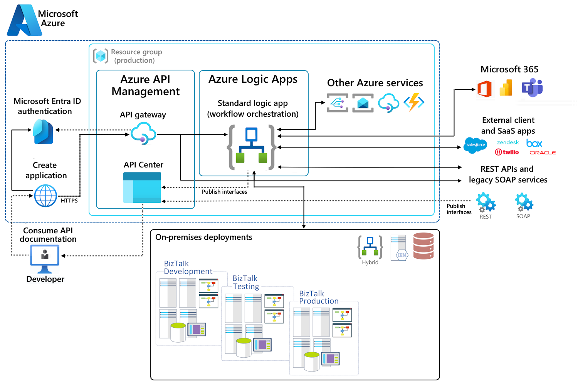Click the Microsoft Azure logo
[24, 20]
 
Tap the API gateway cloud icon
[143, 133]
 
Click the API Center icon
[142, 187]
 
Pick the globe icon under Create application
[45, 196]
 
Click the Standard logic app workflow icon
[252, 147]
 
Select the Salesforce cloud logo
[475, 145]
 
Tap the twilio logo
[507, 152]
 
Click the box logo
[534, 144]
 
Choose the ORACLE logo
[543, 153]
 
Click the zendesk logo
[508, 142]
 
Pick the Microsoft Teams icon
[532, 88]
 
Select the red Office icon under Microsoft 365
[484, 89]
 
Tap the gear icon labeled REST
[486, 203]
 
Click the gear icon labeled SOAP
[524, 203]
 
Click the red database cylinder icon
[423, 246]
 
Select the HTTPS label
[69, 201]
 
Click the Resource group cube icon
[101, 56]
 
